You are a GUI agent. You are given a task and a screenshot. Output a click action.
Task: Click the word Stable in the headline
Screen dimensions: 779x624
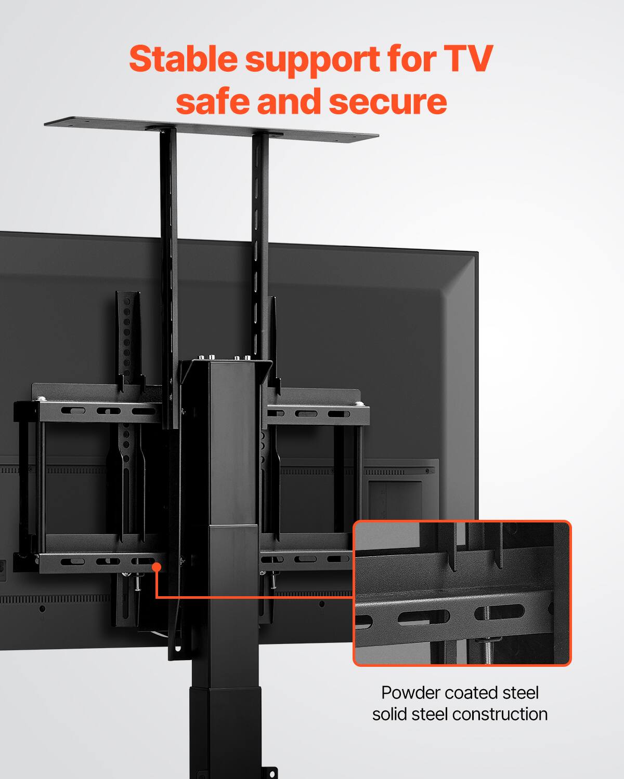(184, 59)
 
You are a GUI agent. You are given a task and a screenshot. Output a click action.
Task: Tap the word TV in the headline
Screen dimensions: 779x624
(468, 59)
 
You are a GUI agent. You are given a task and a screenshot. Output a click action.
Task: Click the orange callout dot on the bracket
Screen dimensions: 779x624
(156, 567)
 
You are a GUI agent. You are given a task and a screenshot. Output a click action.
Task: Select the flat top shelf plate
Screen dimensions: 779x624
(211, 129)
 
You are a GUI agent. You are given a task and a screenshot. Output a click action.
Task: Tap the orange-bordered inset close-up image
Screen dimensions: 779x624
(462, 593)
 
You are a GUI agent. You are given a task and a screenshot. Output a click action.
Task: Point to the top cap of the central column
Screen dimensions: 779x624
(227, 362)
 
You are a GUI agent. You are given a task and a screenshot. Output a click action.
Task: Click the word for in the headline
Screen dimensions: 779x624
(411, 59)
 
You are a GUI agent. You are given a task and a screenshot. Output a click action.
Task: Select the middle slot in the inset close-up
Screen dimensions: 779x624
(424, 617)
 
